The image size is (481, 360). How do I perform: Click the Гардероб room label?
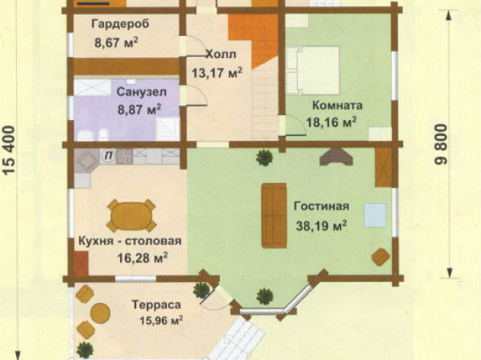tap(121, 24)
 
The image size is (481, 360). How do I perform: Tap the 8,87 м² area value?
tap(140, 109)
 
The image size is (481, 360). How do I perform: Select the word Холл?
tap(221, 54)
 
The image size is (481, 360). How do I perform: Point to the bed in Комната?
tap(313, 70)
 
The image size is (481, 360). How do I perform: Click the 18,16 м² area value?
tap(332, 122)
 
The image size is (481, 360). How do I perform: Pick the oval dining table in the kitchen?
tap(131, 216)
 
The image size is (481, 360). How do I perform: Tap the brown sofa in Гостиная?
tap(274, 215)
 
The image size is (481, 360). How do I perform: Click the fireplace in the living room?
tap(336, 157)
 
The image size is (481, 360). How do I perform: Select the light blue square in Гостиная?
tap(375, 215)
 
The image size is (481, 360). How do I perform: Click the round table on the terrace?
tap(100, 313)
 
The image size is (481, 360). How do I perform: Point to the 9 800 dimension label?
tap(441, 144)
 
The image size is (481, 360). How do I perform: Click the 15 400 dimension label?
tap(9, 150)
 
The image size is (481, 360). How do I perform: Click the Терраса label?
tap(156, 304)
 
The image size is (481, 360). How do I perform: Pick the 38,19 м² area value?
tap(321, 226)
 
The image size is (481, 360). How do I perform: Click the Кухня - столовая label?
tap(130, 241)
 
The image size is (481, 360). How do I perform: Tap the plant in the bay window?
tap(265, 296)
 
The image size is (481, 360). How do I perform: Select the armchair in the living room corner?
tap(380, 256)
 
